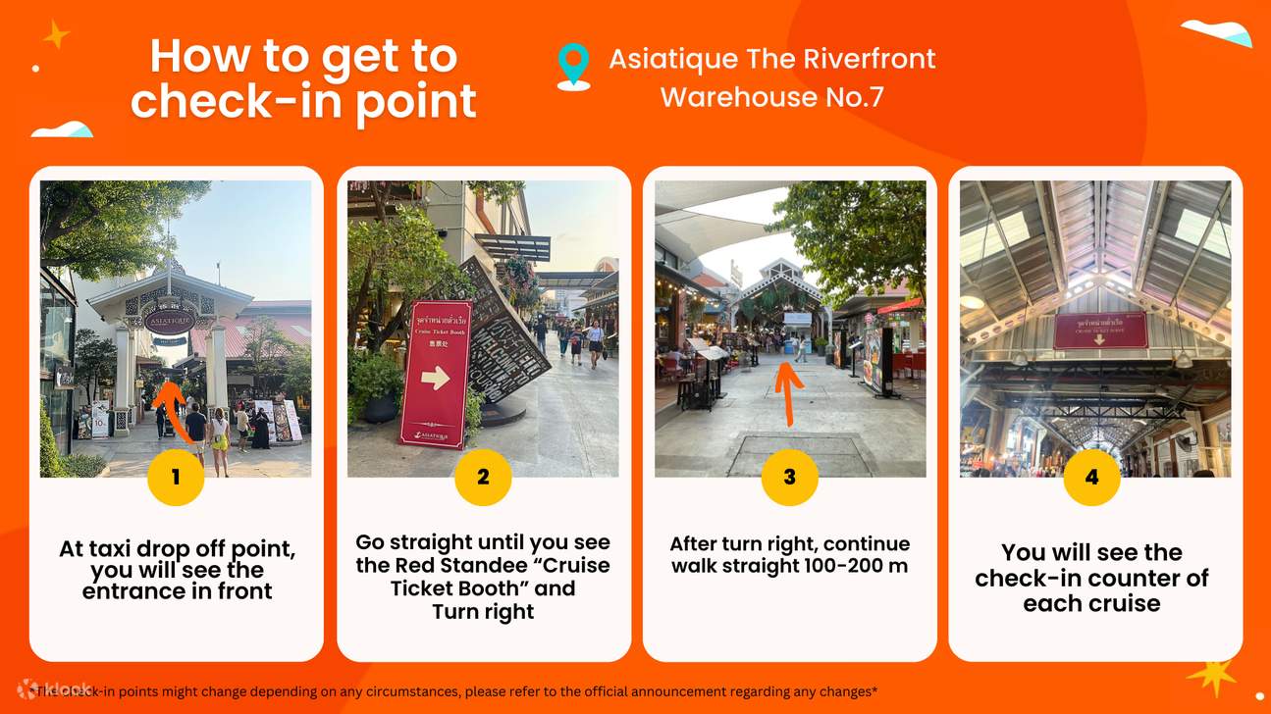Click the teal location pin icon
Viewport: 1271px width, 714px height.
click(573, 65)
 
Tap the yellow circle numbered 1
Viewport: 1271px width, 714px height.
click(176, 478)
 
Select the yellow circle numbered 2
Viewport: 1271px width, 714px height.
click(483, 478)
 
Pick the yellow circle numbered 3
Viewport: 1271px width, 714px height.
click(789, 478)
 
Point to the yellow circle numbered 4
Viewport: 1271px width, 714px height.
click(1091, 478)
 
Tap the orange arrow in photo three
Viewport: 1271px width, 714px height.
click(786, 392)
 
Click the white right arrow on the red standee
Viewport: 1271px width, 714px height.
click(435, 378)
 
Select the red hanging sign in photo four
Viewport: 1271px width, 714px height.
click(1100, 330)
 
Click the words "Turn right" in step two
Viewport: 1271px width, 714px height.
click(483, 612)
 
